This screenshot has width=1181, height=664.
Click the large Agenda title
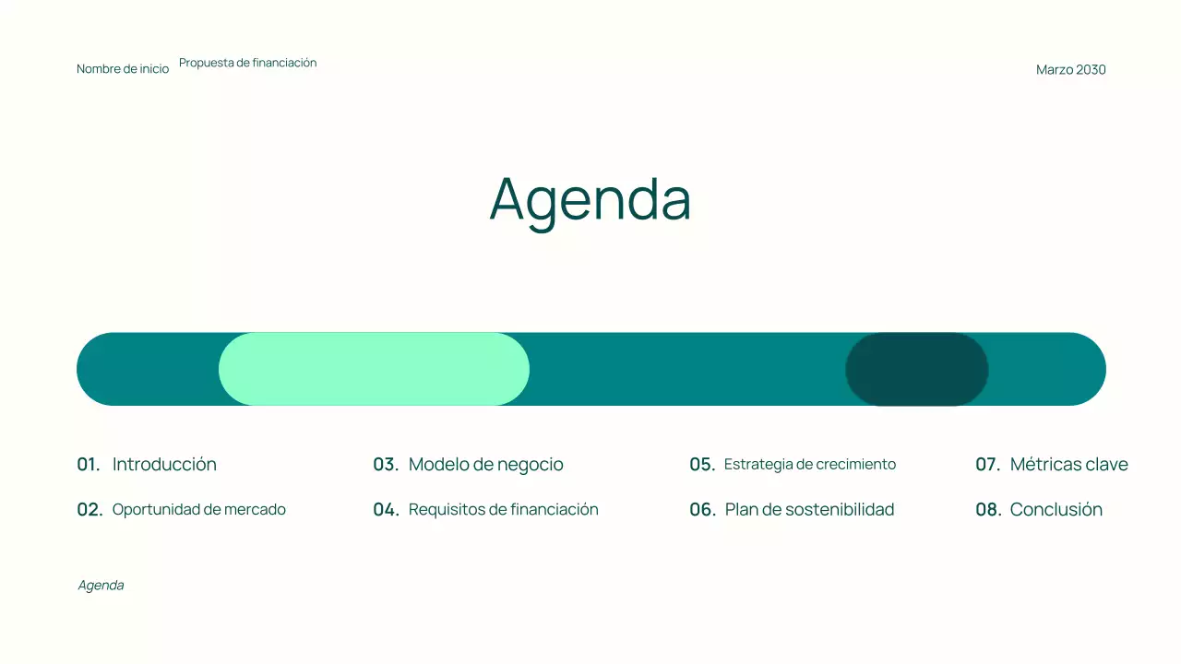[x=590, y=198]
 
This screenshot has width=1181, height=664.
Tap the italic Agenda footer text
[x=101, y=586]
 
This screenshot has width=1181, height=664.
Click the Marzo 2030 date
[x=1070, y=70]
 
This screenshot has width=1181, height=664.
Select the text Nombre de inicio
[x=123, y=69]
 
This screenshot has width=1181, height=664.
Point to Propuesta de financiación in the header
[x=247, y=63]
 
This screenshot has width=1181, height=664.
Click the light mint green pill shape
[x=374, y=369]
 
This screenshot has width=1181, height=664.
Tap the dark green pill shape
[x=916, y=369]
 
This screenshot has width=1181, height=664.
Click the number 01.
[x=89, y=465]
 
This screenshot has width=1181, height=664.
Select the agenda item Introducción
[x=164, y=465]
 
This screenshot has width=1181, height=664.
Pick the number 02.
[x=89, y=510]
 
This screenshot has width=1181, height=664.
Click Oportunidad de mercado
[x=198, y=510]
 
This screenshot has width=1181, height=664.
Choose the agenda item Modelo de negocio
[x=485, y=465]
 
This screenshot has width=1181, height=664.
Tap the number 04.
[x=386, y=510]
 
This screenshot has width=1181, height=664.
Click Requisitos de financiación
[x=503, y=510]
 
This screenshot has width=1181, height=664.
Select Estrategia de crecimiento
[x=809, y=465]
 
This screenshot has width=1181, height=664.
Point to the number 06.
[x=702, y=510]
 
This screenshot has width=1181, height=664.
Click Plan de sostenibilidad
[x=809, y=510]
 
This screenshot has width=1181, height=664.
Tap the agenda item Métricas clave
[x=1068, y=465]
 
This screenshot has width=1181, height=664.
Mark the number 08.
[x=988, y=510]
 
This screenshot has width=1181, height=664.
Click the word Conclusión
[x=1056, y=510]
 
